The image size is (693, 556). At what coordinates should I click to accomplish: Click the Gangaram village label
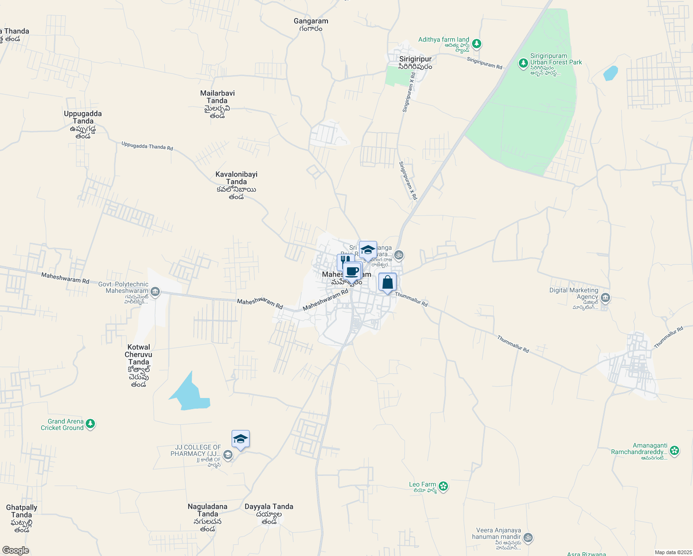(x=311, y=21)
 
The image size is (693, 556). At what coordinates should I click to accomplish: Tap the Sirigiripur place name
(x=416, y=59)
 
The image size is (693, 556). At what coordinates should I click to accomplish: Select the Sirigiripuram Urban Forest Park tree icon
(x=523, y=63)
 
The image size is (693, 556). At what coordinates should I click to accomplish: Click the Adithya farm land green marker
(x=477, y=44)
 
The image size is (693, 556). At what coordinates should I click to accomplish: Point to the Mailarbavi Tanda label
(x=217, y=97)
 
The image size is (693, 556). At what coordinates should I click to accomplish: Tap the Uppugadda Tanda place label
(x=83, y=117)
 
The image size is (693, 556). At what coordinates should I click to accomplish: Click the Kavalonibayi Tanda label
(x=236, y=178)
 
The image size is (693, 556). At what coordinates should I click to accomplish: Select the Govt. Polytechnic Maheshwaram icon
(x=156, y=291)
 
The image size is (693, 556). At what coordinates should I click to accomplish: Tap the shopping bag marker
(x=387, y=282)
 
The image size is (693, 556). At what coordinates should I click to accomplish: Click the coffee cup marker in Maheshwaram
(x=353, y=271)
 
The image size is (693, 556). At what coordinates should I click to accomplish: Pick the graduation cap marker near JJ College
(x=240, y=438)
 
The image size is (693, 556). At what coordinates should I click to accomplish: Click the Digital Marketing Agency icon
(x=605, y=297)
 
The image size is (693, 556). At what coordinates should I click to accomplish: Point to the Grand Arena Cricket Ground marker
(x=90, y=423)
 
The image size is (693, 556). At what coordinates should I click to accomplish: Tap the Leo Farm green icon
(x=443, y=486)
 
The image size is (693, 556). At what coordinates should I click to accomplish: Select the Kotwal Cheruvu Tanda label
(x=139, y=354)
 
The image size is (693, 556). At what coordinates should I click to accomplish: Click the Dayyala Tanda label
(x=269, y=506)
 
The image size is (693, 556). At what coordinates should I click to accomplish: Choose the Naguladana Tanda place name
(x=208, y=510)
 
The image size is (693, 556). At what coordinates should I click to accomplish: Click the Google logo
(x=15, y=550)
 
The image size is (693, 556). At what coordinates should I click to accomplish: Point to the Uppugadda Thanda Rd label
(x=147, y=146)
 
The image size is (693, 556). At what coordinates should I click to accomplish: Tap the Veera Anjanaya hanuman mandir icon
(x=528, y=538)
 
